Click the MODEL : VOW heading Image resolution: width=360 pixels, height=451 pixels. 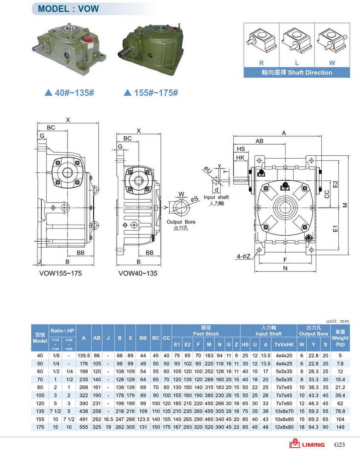(69, 9)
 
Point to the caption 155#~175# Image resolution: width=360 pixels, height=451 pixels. (151, 92)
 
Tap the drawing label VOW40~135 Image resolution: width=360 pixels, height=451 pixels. (138, 273)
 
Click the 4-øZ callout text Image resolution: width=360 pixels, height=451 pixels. (243, 256)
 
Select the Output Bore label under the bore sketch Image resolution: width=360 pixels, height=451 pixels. (181, 222)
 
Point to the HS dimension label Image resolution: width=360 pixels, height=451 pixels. (241, 149)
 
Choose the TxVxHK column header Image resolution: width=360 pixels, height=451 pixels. (284, 344)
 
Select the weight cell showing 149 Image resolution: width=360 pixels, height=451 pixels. (340, 427)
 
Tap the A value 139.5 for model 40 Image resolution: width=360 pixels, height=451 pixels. (84, 355)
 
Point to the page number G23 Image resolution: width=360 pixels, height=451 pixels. (339, 445)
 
